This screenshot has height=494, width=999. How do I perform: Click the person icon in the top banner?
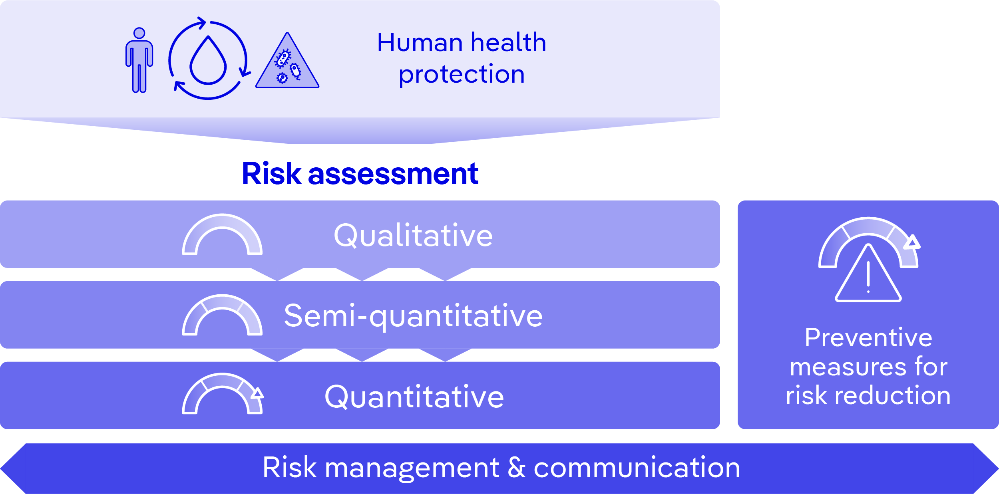tap(139, 60)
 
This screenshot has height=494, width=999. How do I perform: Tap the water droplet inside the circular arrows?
tap(208, 61)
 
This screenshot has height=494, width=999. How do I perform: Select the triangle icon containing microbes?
tap(287, 60)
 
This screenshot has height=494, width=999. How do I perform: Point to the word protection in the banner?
tap(462, 75)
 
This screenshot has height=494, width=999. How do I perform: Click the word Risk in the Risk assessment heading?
tap(272, 174)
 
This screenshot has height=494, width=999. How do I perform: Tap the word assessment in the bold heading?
tap(393, 175)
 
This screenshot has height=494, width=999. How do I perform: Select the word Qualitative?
tap(413, 236)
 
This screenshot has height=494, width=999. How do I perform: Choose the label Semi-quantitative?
tap(413, 316)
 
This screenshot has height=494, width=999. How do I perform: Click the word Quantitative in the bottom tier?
tap(414, 397)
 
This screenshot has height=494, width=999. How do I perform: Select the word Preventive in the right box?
tap(868, 338)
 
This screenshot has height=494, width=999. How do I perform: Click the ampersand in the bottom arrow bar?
tap(516, 467)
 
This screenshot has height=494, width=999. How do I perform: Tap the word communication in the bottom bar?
tap(637, 468)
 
